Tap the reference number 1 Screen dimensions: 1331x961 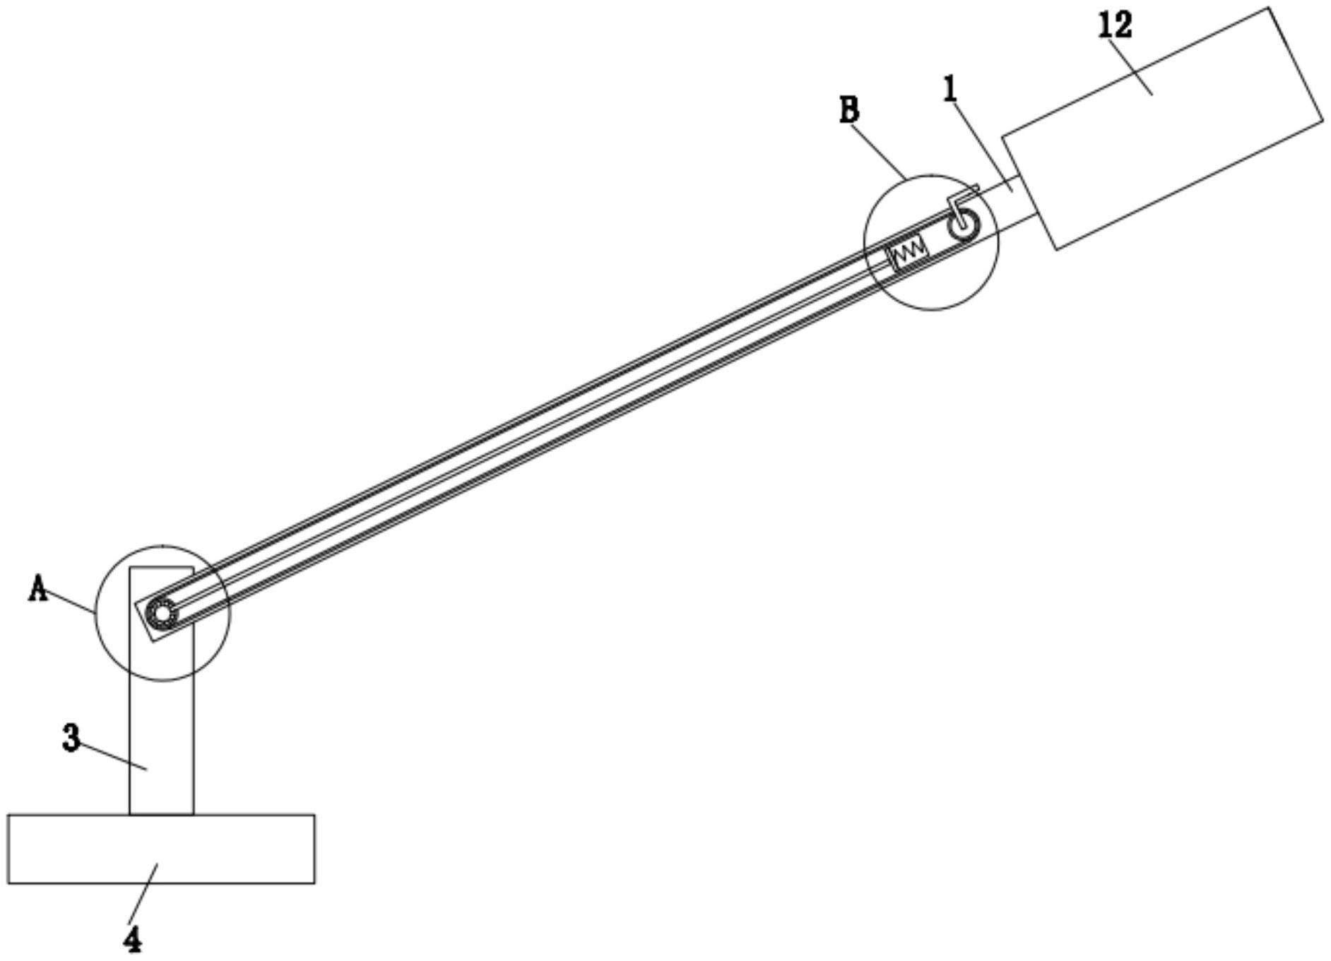click(950, 89)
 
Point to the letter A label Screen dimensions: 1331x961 click(38, 587)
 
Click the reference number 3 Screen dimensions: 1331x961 click(71, 739)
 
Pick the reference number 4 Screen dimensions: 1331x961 click(133, 938)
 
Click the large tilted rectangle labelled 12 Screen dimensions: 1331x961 click(1162, 129)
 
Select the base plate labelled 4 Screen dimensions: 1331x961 click(161, 849)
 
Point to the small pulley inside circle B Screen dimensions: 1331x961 click(964, 225)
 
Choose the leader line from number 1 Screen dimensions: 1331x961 click(983, 146)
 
